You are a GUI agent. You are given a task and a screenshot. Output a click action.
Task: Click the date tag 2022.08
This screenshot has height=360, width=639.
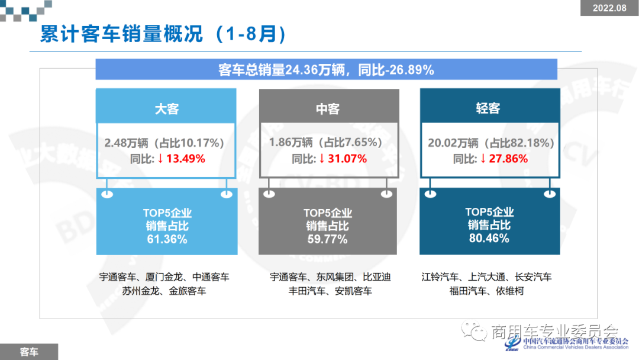point(609,8)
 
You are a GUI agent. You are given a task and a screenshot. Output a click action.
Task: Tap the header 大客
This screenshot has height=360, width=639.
point(166,109)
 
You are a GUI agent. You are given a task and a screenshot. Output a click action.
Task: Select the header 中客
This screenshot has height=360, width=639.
point(327,109)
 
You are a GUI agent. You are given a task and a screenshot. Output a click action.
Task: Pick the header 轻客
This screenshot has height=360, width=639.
point(488,109)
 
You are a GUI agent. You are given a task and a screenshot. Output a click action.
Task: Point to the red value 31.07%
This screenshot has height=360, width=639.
point(346,159)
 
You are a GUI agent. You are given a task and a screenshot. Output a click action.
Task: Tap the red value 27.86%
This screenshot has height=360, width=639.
point(508,159)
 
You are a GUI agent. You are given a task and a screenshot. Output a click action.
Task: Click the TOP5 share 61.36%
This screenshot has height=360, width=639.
point(167,239)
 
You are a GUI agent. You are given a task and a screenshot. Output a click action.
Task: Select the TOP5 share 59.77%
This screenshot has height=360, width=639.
point(327,239)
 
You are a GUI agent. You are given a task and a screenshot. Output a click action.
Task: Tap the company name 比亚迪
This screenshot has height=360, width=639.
point(376,277)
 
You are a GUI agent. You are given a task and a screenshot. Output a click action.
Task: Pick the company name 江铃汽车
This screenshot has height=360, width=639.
point(440,277)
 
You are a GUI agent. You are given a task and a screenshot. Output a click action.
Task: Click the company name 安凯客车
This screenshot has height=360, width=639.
point(353,291)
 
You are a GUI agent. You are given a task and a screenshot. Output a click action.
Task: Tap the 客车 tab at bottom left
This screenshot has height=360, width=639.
point(28,352)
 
